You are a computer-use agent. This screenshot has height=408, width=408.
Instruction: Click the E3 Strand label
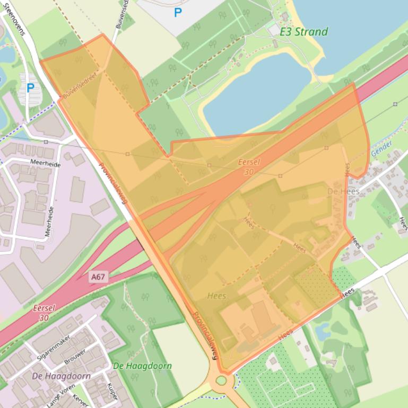[304, 32]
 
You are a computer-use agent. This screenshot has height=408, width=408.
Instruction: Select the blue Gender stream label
[381, 148]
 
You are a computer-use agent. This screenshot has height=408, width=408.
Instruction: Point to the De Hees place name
[343, 191]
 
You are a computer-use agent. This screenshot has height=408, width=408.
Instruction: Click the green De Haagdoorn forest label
[142, 366]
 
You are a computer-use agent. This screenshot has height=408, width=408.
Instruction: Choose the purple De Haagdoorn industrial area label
[61, 376]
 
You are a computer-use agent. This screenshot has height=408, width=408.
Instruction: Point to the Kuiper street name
[112, 391]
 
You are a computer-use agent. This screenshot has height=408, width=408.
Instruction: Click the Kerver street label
[80, 400]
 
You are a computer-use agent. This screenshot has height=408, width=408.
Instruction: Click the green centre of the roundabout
[221, 380]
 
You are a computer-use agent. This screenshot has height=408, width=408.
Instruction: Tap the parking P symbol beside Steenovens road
[30, 88]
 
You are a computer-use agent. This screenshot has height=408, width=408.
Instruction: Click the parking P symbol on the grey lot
[178, 12]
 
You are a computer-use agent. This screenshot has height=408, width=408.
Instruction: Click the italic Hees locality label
[216, 296]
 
